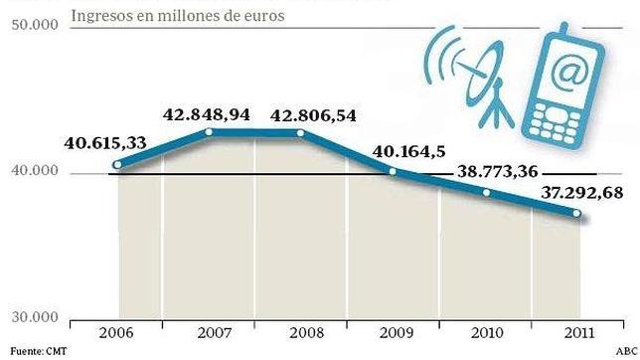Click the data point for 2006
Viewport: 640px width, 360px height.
point(117,165)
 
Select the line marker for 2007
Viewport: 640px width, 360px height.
point(210,131)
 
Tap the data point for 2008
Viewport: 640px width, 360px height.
point(300,132)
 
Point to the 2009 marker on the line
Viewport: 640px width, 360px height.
point(392,172)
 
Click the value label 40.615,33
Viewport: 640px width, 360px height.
point(106,143)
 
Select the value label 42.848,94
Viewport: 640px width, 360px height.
point(207,112)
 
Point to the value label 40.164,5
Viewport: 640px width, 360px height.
point(409,152)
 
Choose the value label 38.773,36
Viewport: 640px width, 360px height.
point(498,170)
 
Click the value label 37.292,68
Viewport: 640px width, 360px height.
point(583,192)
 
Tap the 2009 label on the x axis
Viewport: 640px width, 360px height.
point(395,335)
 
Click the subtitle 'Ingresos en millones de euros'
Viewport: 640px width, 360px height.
point(178,17)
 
